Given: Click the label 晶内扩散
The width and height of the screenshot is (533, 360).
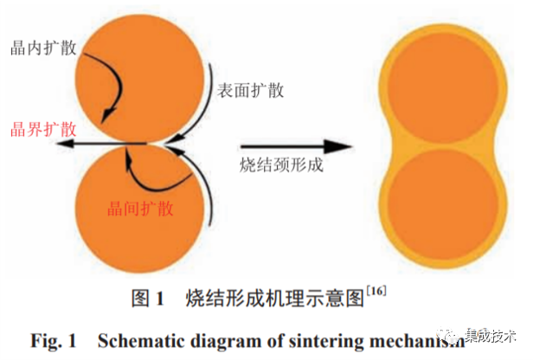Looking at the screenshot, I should pos(41,45).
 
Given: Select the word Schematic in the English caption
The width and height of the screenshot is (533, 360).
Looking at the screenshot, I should pos(141,337).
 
